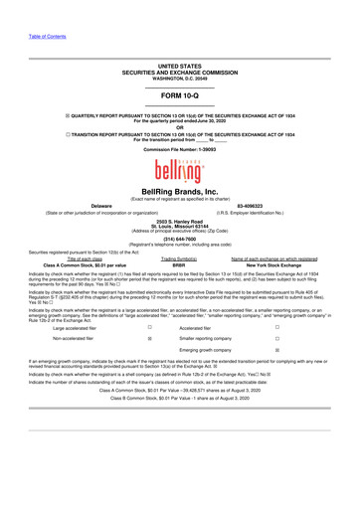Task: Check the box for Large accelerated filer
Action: (x=149, y=355)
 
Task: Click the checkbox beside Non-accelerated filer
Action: (x=149, y=367)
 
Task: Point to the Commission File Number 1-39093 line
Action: (x=180, y=134)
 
